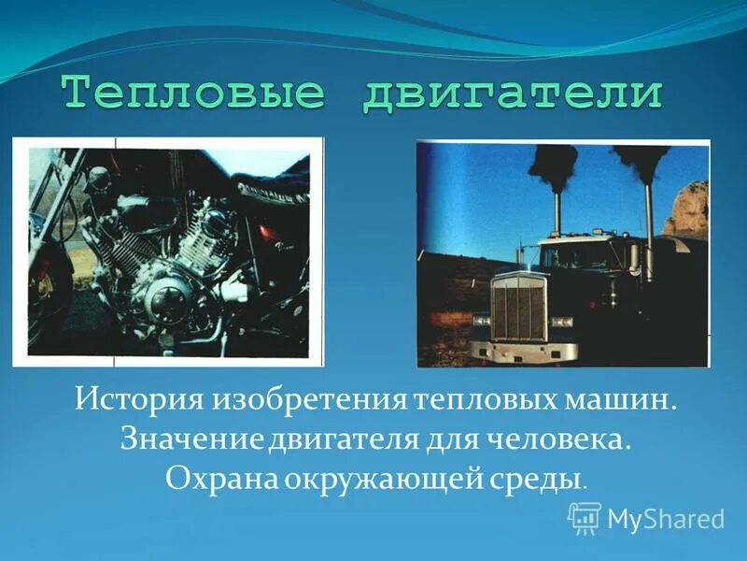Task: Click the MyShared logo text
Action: coord(666,519)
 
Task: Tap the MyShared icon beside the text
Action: coord(585,517)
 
